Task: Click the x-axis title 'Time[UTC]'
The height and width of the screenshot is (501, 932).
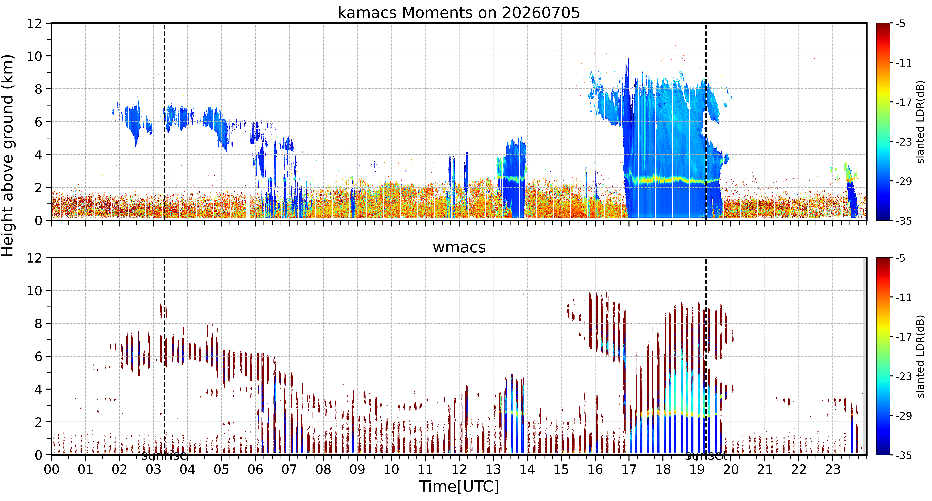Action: point(459,487)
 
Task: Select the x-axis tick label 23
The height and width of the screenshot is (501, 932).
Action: point(833,470)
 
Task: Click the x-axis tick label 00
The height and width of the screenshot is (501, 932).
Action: point(52,470)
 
